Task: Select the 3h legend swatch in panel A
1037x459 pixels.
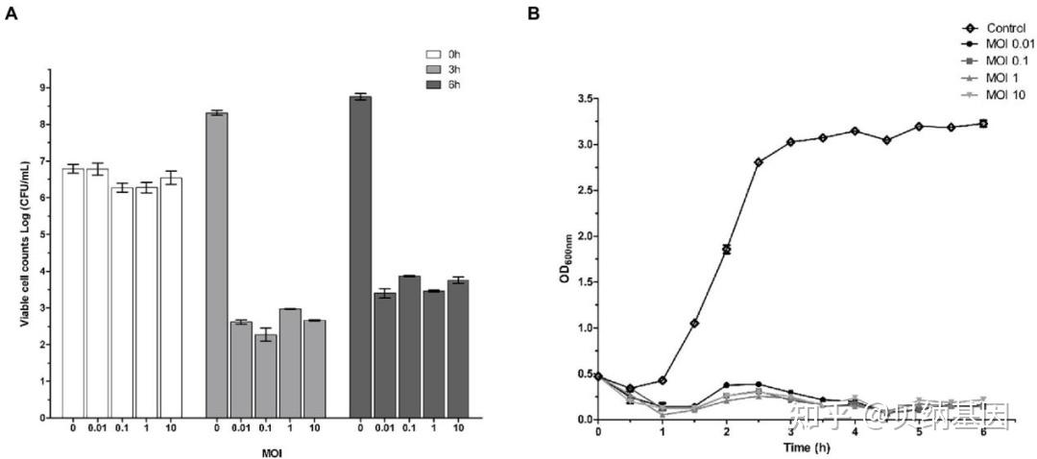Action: point(434,70)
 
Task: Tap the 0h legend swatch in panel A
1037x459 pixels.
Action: point(434,55)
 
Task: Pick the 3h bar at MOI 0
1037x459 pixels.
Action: point(217,264)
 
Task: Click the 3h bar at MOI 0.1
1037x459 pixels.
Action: point(265,375)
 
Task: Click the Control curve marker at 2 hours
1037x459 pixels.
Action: point(726,249)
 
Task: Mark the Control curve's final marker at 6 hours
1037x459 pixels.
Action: point(982,123)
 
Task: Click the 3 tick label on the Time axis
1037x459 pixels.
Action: point(790,432)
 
